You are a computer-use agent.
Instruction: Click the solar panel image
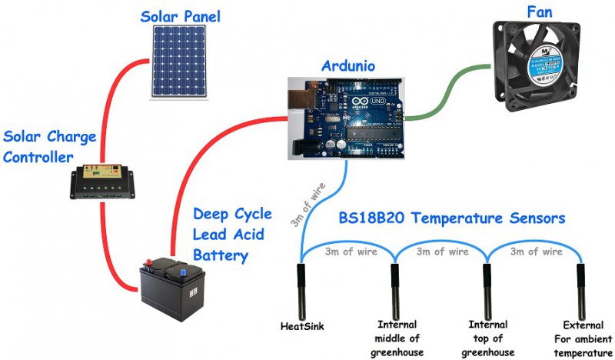click(x=179, y=62)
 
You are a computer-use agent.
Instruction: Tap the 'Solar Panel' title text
click(x=180, y=15)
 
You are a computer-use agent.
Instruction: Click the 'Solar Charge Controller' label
click(x=49, y=146)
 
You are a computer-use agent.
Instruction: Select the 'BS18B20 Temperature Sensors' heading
click(x=452, y=218)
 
